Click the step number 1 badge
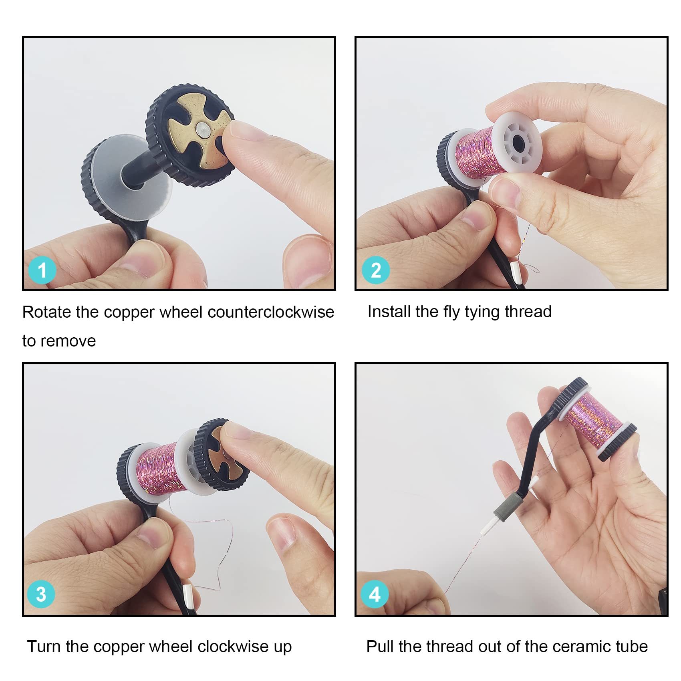(x=42, y=270)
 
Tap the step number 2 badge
(x=376, y=270)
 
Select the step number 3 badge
(x=41, y=594)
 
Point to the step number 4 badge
(x=375, y=594)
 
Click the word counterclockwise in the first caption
(x=271, y=312)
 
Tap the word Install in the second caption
(x=389, y=312)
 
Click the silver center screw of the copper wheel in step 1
(x=203, y=129)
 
